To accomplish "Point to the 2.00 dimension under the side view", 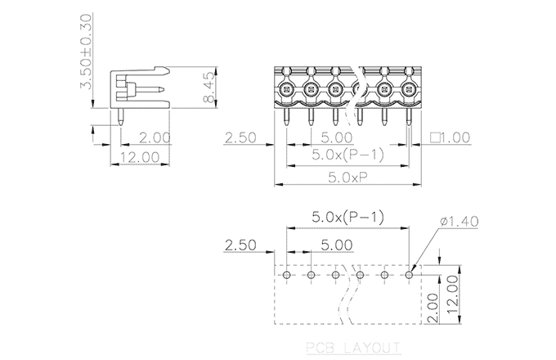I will [155, 137].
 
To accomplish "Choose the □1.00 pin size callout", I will [451, 138].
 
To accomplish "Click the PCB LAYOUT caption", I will [352, 345].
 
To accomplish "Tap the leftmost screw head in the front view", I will [285, 88].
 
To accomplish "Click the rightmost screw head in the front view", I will [409, 88].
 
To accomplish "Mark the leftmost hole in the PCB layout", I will [287, 276].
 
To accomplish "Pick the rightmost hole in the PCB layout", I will [409, 276].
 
